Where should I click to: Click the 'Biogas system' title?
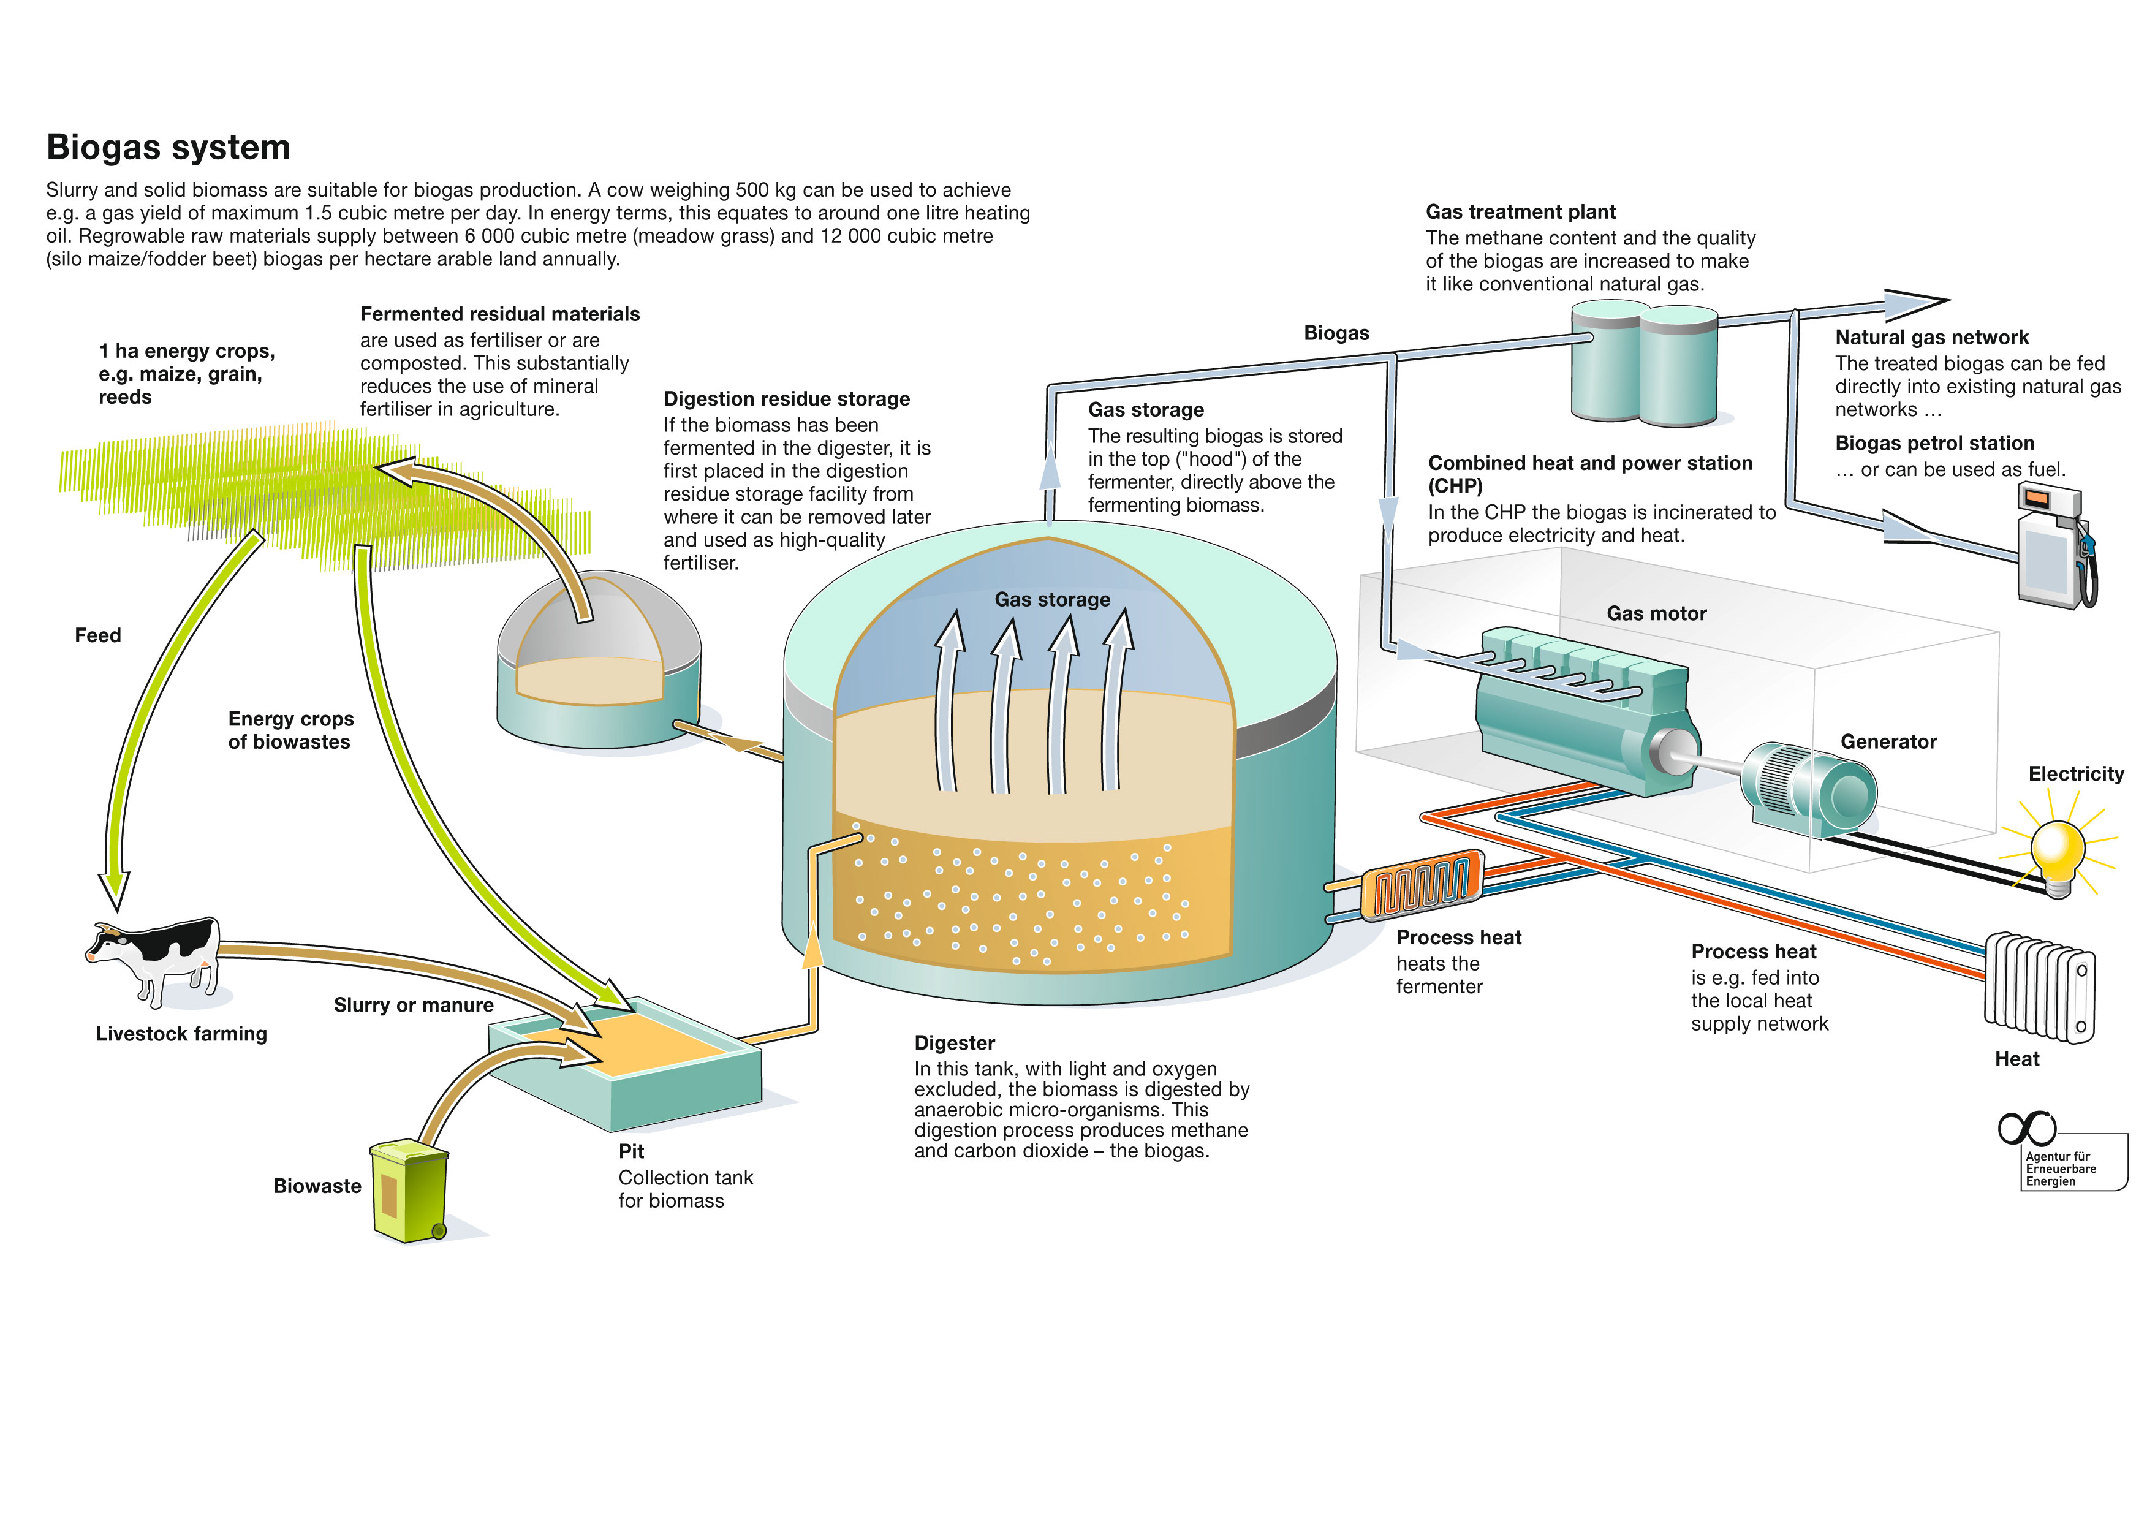tap(169, 148)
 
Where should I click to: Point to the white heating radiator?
tap(2039, 987)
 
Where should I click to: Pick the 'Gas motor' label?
tap(1656, 613)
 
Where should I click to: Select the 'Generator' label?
tap(1888, 741)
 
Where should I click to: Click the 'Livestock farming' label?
tap(181, 1034)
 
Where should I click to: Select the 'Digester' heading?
tap(954, 1043)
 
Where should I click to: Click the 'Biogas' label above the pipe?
tap(1336, 333)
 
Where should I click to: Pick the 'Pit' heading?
tap(631, 1151)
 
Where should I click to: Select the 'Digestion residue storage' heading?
tap(786, 400)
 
